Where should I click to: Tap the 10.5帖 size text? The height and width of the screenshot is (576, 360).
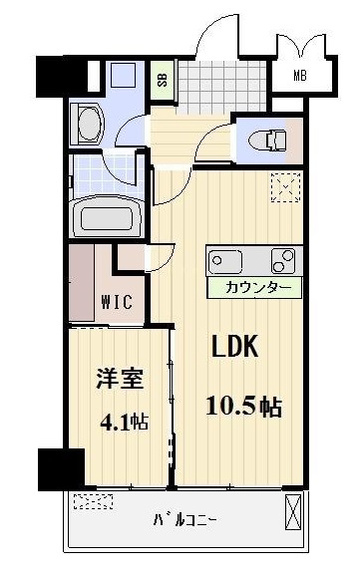[243, 407]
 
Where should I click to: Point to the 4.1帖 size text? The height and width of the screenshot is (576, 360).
[123, 421]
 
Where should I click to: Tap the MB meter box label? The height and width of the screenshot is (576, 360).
[299, 76]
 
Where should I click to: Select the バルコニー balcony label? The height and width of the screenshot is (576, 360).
[184, 519]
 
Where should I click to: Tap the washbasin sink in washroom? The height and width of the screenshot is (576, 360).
[87, 127]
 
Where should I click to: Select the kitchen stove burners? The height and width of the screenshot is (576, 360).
[282, 261]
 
